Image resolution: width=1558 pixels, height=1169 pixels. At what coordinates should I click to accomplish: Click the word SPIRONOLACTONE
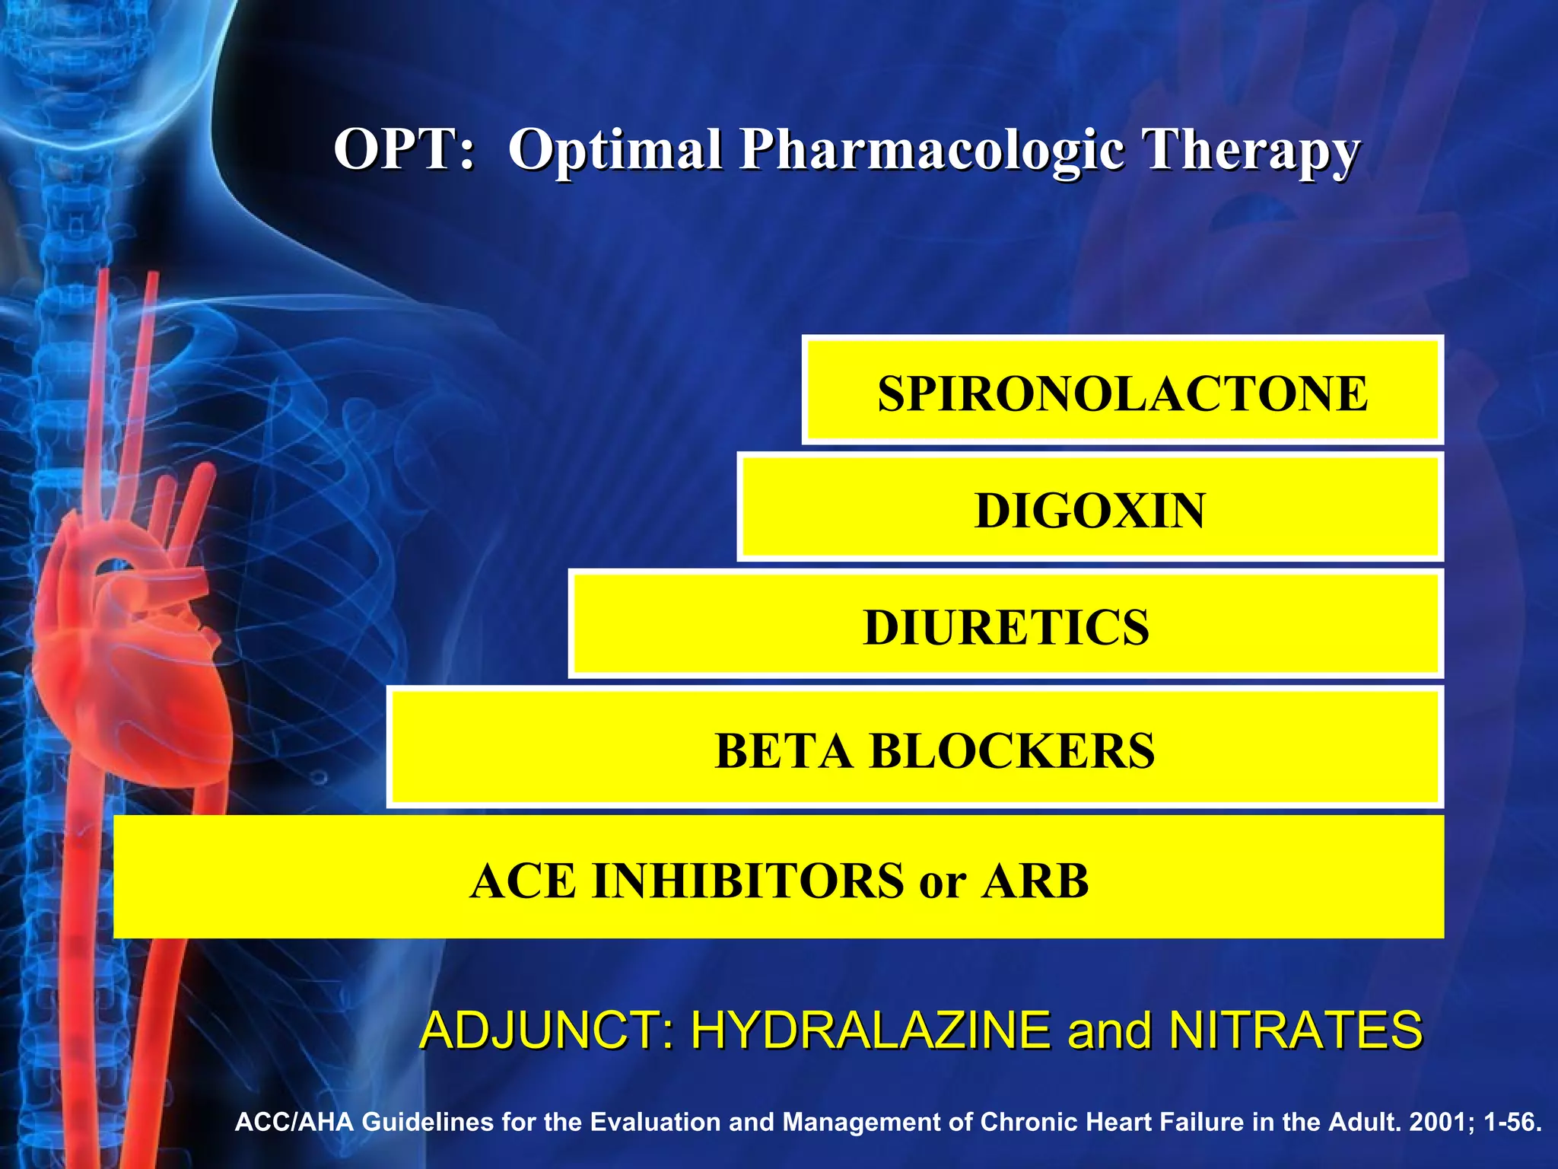coord(1122,393)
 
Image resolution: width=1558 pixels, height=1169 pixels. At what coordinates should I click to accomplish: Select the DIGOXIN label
coord(1089,511)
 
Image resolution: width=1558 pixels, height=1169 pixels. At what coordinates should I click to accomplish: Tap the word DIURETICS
coord(1006,628)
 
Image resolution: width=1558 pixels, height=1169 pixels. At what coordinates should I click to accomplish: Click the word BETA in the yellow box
coord(784,751)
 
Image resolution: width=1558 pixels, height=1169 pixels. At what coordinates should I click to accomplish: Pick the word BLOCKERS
coord(1012,751)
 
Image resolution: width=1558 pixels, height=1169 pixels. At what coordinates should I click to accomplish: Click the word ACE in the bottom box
coord(523,881)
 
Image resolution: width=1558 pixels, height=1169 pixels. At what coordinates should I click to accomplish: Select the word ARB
coord(1035,881)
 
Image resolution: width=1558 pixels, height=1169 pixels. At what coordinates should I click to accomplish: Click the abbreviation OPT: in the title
coord(405,149)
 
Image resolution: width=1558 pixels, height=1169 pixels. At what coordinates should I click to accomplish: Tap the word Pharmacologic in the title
coord(932,151)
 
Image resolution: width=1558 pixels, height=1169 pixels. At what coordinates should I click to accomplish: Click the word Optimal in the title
coord(615,151)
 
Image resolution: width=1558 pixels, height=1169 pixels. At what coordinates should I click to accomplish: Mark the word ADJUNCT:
coord(546,1030)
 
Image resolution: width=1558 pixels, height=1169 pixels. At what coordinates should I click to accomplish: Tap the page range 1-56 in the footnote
coord(1510,1123)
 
